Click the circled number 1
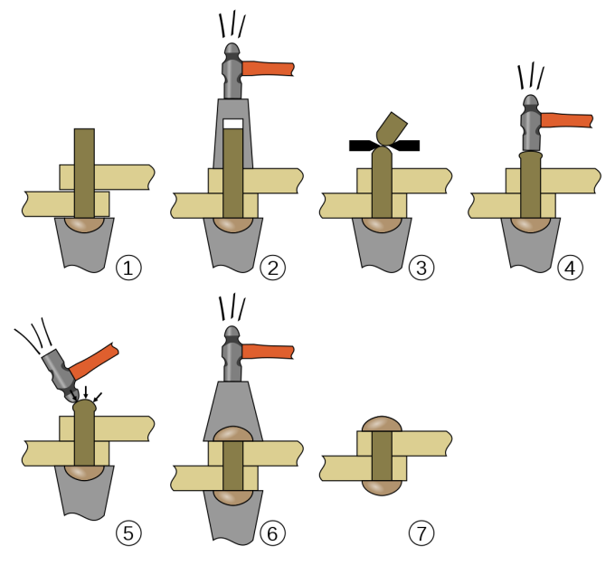click(129, 268)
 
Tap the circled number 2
click(271, 268)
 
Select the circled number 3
click(421, 268)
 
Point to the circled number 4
click(570, 268)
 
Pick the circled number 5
click(129, 533)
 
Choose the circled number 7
click(421, 533)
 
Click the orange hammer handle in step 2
click(270, 69)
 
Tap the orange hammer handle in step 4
click(565, 120)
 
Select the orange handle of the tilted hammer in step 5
click(95, 360)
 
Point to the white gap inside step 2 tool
click(233, 124)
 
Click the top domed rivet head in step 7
click(383, 424)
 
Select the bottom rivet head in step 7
click(383, 486)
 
